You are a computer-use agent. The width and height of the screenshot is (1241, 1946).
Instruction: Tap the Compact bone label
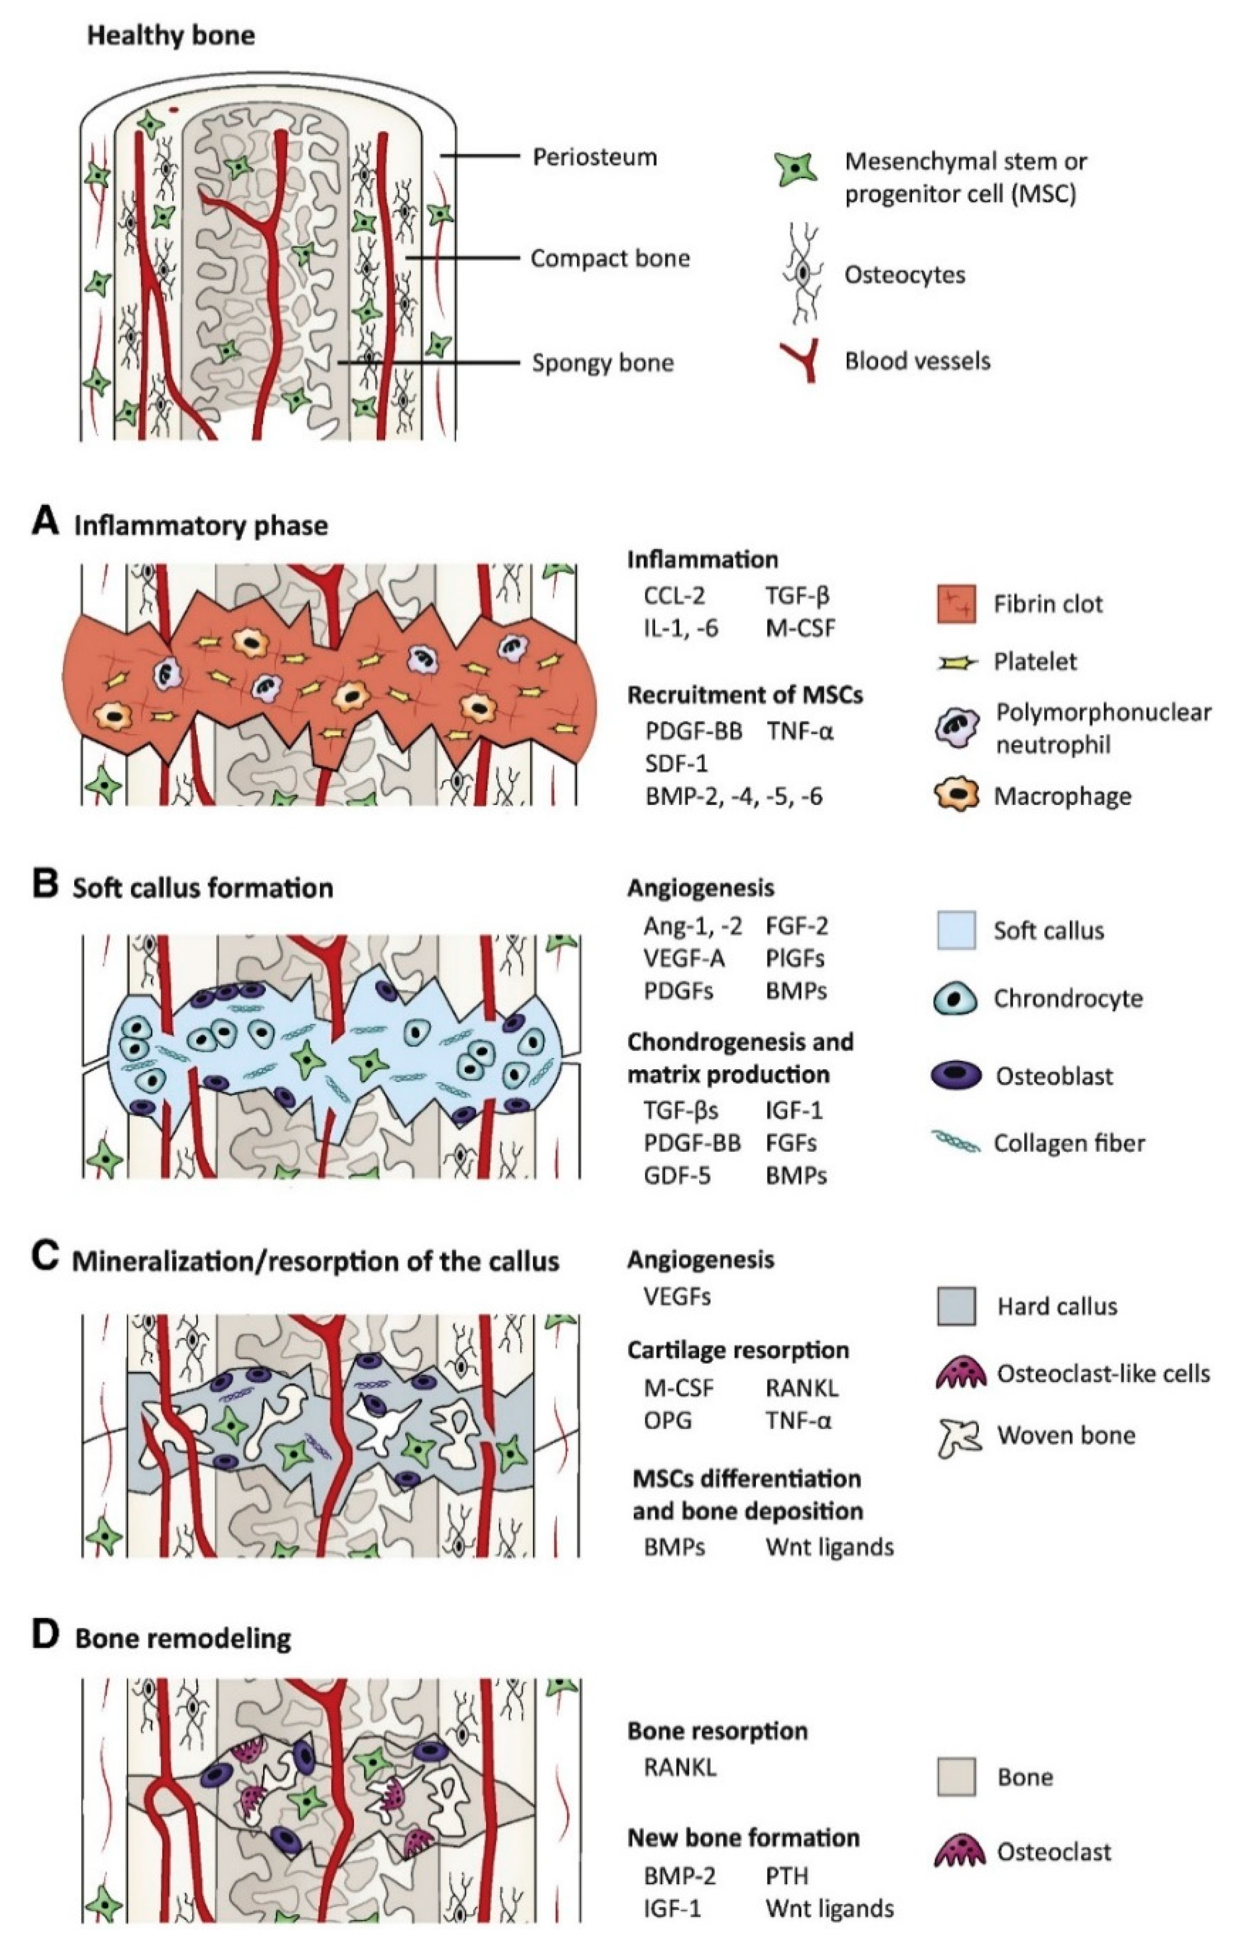tap(610, 259)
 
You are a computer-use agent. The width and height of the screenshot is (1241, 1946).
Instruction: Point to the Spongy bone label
tap(602, 363)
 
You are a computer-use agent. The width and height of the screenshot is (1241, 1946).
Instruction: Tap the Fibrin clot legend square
tap(956, 604)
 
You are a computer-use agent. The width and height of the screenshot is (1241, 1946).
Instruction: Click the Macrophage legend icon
tap(956, 796)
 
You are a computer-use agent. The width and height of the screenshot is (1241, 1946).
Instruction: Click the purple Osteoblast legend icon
tap(956, 1076)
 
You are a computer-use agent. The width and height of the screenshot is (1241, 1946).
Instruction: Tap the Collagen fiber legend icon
tap(956, 1142)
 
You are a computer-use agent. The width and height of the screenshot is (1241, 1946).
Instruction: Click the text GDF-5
tap(677, 1175)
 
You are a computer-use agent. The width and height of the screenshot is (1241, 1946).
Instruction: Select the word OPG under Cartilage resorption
tap(667, 1420)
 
